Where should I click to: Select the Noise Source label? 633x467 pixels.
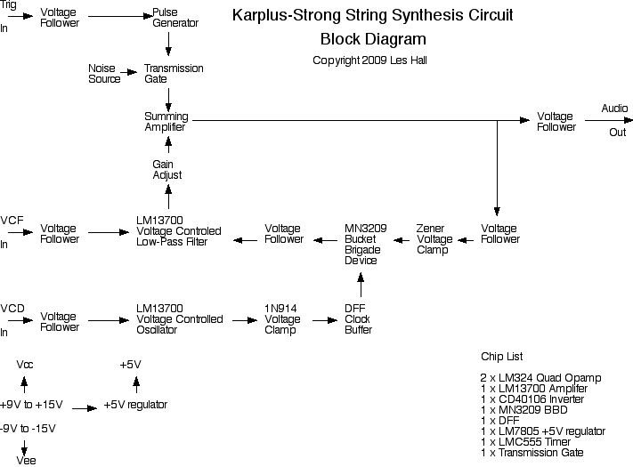[105, 74]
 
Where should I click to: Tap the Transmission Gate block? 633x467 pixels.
[174, 74]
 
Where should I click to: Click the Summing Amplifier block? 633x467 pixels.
[166, 122]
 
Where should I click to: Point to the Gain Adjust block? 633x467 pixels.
[166, 170]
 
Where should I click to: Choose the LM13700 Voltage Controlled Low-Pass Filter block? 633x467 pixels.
[179, 234]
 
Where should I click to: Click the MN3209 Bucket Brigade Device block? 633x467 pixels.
[366, 245]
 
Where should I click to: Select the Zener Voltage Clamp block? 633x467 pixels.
[434, 239]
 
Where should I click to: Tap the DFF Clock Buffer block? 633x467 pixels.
[358, 318]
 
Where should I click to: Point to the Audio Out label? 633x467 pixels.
[615, 120]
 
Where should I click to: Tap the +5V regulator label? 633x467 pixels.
[135, 406]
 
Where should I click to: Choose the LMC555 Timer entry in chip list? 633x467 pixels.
[523, 442]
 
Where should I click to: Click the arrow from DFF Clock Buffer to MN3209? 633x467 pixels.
[361, 286]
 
